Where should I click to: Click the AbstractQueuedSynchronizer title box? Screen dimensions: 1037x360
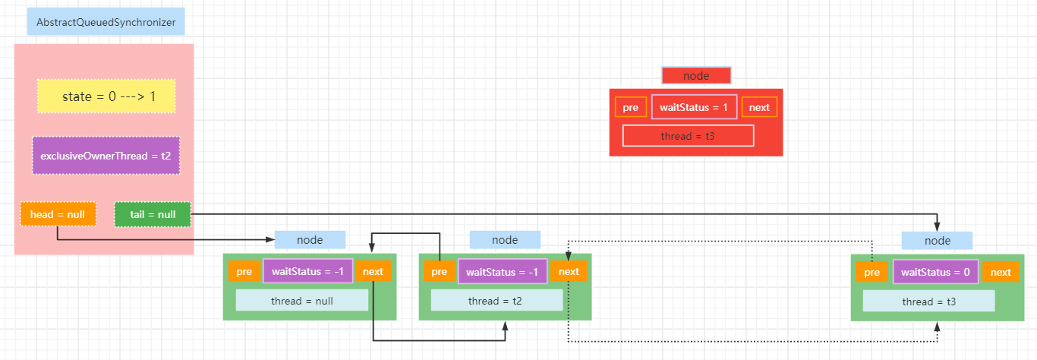(x=106, y=22)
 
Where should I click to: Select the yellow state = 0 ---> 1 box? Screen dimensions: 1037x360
(x=106, y=96)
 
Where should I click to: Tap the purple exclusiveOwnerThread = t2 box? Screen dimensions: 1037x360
(x=106, y=156)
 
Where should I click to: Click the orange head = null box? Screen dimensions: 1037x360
(x=58, y=214)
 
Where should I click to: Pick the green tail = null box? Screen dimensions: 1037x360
(x=153, y=214)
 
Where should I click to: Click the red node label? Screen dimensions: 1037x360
(x=696, y=75)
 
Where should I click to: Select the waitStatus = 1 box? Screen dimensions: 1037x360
(x=694, y=107)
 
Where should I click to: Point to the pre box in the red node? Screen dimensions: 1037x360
(x=631, y=107)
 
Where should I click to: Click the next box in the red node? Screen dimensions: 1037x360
(x=759, y=107)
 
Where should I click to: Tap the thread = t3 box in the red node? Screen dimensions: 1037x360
(x=688, y=136)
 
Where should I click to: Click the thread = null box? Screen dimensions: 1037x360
(x=302, y=301)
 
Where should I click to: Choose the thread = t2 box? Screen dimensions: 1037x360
(x=496, y=301)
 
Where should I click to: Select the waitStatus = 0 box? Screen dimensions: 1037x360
(x=935, y=272)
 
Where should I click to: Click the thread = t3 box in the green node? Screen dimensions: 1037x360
(x=928, y=302)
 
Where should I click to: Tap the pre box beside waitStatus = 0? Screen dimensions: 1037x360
(x=872, y=272)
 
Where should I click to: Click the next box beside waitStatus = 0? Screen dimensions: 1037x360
(x=1001, y=272)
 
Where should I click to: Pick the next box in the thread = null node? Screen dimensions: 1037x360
(x=374, y=271)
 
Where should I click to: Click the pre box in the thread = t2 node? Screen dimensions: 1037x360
(x=439, y=271)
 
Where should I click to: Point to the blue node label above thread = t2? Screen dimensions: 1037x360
(x=505, y=240)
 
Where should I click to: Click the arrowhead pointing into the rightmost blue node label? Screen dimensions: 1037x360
(x=937, y=227)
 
